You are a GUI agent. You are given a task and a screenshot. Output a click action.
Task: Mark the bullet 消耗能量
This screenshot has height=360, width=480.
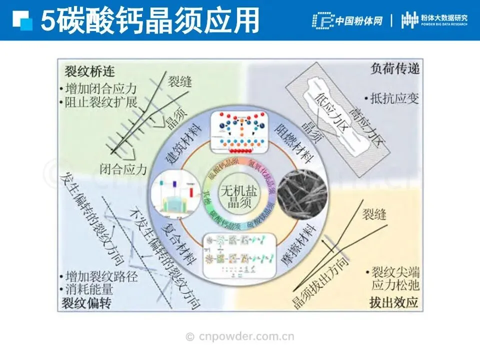(90, 289)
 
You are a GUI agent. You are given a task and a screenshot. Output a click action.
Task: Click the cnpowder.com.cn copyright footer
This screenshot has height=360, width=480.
(240, 336)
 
